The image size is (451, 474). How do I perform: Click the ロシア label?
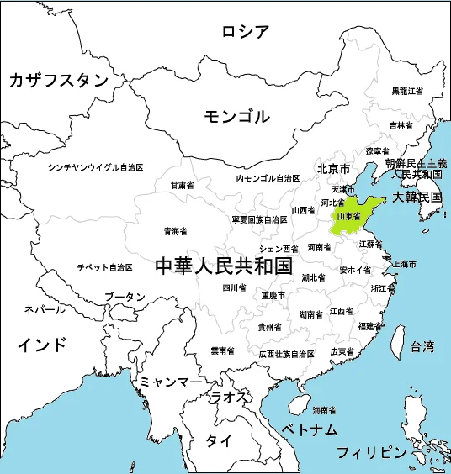pyautogui.click(x=246, y=32)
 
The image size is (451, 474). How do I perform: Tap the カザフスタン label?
pyautogui.click(x=59, y=80)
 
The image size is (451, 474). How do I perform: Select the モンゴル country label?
pyautogui.click(x=237, y=116)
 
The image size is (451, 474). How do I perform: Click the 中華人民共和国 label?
pyautogui.click(x=224, y=266)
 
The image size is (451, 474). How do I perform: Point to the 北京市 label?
pyautogui.click(x=333, y=169)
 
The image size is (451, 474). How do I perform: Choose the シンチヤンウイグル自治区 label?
pyautogui.click(x=96, y=167)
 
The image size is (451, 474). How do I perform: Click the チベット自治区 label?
pyautogui.click(x=105, y=267)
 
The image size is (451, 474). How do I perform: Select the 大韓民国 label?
pyautogui.click(x=418, y=197)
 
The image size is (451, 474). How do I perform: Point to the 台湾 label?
pyautogui.click(x=422, y=345)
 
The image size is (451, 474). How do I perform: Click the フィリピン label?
pyautogui.click(x=371, y=452)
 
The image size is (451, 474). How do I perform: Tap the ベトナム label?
pyautogui.click(x=310, y=429)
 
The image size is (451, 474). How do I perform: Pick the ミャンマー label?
pyautogui.click(x=171, y=382)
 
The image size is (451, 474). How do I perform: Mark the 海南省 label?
pyautogui.click(x=324, y=411)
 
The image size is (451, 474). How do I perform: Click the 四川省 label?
pyautogui.click(x=234, y=287)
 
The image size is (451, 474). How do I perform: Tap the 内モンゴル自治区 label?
pyautogui.click(x=268, y=179)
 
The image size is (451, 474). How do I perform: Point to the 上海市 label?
pyautogui.click(x=406, y=264)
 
